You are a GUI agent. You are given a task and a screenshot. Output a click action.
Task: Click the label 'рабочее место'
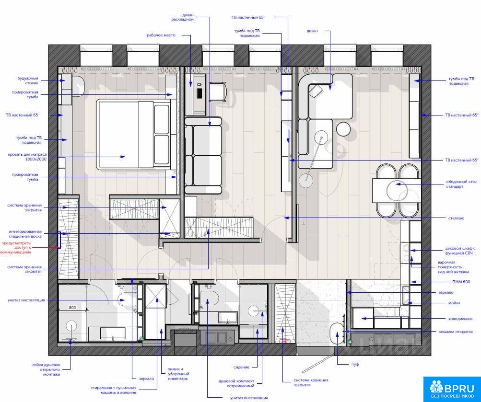161,35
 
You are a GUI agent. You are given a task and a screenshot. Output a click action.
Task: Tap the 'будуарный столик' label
28,80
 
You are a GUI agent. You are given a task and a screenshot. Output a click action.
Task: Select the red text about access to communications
16,248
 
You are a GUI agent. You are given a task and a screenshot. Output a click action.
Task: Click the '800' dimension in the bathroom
72,308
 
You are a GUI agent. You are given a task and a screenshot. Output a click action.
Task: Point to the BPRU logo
452,389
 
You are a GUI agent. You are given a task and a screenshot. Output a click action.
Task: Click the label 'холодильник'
460,319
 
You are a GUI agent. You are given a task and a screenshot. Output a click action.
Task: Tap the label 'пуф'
355,364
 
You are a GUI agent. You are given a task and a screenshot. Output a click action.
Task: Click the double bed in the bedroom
134,134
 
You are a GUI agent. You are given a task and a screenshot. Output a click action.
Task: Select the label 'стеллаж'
456,218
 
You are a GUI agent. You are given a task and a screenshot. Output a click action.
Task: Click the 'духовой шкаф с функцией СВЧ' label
460,251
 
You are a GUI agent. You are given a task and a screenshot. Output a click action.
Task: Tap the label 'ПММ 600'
461,282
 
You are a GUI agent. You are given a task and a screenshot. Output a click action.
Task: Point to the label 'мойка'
454,303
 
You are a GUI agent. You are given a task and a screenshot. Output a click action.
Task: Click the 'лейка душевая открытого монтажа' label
46,369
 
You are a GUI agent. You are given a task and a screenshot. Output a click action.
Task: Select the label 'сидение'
241,367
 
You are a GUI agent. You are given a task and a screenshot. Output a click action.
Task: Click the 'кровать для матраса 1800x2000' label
27,157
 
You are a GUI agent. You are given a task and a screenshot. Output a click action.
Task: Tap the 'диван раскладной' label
183,17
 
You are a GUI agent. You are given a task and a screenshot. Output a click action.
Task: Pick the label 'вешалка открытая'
456,332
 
